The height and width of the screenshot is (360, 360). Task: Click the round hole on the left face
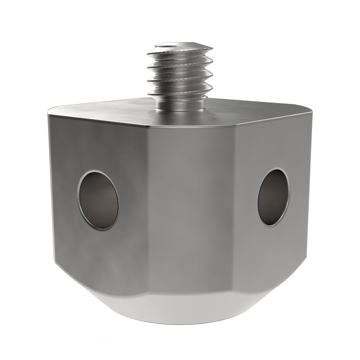98,200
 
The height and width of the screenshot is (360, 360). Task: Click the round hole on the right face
273,197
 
